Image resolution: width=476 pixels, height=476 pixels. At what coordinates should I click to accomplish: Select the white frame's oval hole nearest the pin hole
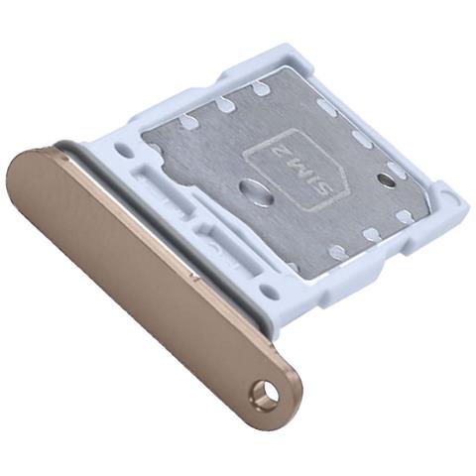pyautogui.click(x=269, y=292)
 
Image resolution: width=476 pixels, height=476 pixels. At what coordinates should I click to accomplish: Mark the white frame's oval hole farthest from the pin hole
pyautogui.click(x=123, y=151)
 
